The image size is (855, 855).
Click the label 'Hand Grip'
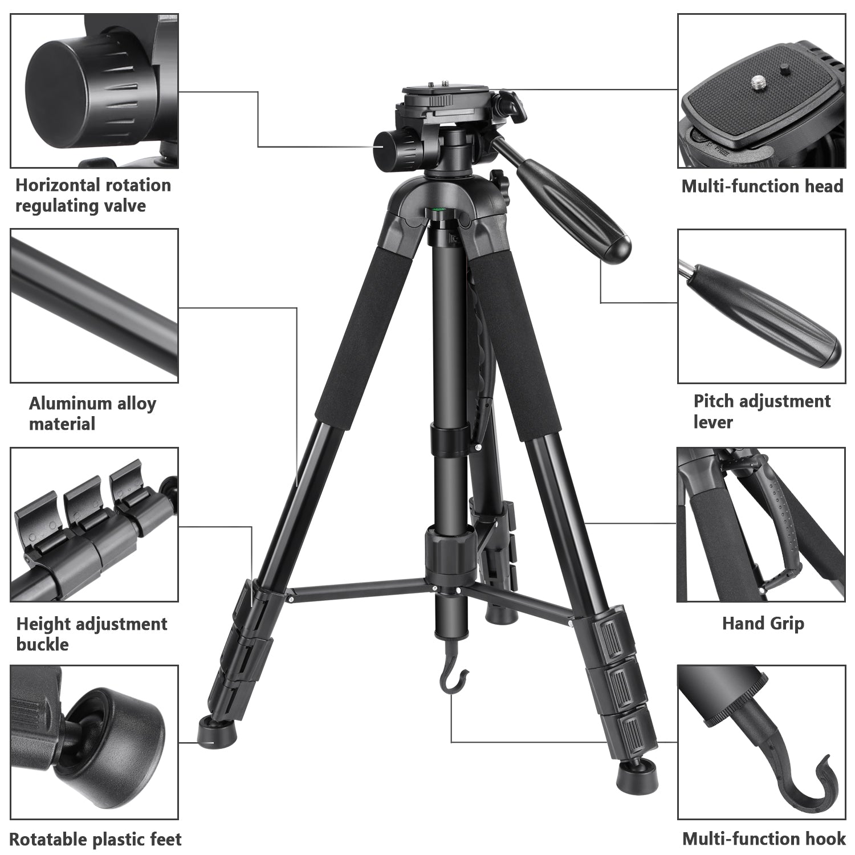763,623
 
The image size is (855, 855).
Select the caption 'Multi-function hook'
764,838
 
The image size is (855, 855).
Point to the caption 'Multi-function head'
762,186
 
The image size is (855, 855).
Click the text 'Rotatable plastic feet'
95,839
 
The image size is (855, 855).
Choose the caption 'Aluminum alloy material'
92,413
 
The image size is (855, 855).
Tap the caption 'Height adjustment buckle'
91,634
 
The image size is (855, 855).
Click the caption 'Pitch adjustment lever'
762,411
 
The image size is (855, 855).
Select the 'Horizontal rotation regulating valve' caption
93,195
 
